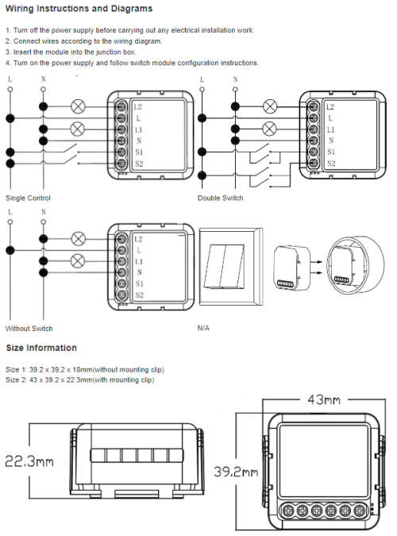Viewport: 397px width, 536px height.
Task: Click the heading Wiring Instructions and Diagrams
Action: click(79, 9)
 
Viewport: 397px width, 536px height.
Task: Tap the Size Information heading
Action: click(41, 348)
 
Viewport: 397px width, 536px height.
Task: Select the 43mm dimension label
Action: click(324, 399)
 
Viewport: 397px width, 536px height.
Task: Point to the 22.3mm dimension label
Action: click(29, 461)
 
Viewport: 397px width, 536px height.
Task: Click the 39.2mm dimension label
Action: click(236, 472)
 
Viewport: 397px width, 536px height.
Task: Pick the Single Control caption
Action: click(28, 198)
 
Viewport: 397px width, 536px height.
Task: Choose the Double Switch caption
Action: click(220, 198)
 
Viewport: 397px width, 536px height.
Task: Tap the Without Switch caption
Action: click(29, 329)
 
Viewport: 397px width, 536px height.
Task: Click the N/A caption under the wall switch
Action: click(203, 328)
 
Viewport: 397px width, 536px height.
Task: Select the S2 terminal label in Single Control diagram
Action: click(139, 164)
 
